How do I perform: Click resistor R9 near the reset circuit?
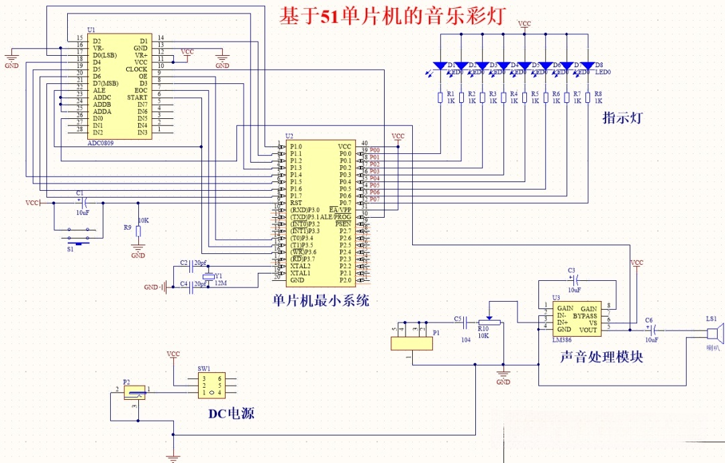coord(138,231)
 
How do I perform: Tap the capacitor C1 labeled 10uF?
coord(81,202)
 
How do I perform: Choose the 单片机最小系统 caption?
coord(320,300)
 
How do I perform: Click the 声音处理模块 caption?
coord(601,357)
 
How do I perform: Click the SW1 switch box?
coord(212,386)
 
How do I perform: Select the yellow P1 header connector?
coord(412,343)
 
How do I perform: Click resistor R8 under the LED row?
coord(587,98)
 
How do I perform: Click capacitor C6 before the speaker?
coord(648,330)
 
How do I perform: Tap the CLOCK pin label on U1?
coord(136,69)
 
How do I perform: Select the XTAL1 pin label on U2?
coord(300,273)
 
